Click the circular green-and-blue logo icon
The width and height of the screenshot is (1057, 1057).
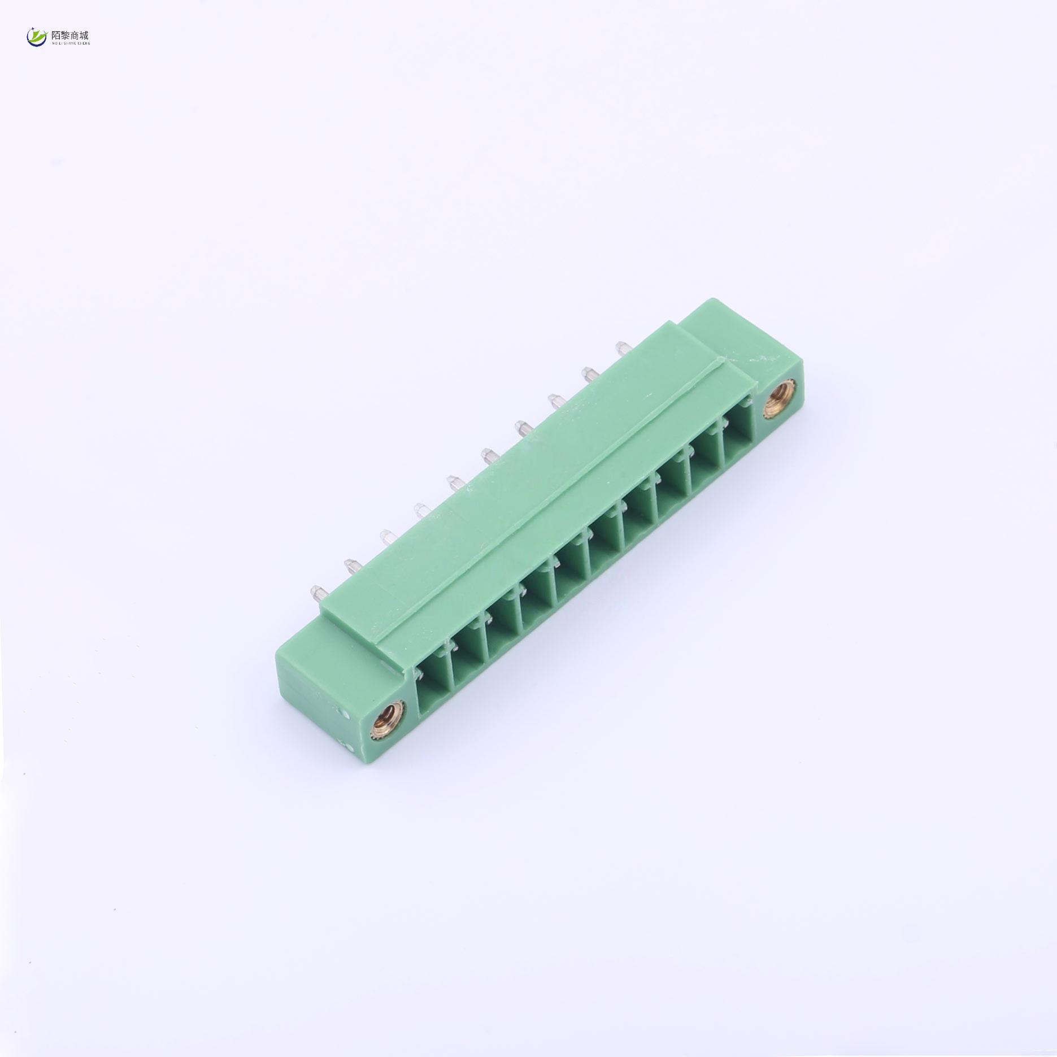click(37, 37)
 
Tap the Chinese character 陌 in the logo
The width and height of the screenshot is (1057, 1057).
click(56, 34)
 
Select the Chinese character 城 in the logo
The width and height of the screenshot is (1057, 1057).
click(85, 34)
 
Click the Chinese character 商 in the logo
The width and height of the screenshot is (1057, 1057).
click(75, 34)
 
